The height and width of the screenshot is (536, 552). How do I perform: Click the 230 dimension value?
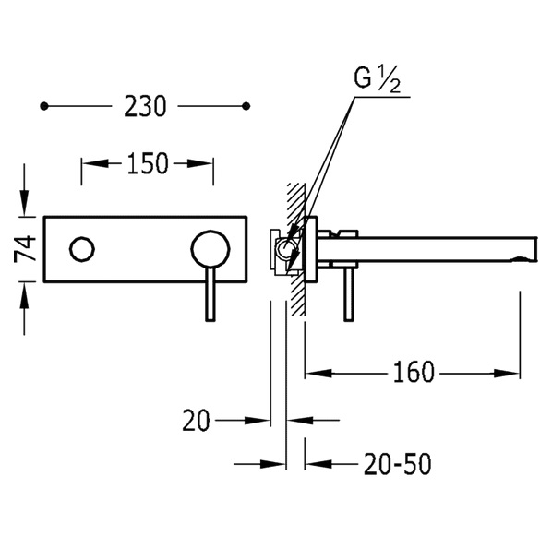(x=145, y=106)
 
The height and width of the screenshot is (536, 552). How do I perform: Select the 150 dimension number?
(x=148, y=163)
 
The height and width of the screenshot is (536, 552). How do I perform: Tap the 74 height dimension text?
(x=25, y=249)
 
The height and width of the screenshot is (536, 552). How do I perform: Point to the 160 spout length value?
(x=414, y=372)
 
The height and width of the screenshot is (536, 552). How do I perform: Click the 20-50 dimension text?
(x=398, y=464)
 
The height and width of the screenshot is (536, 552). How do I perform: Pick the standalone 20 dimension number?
(x=196, y=420)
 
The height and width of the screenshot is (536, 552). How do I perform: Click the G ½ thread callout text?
(x=377, y=79)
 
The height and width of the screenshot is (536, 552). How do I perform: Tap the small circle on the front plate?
(x=82, y=249)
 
